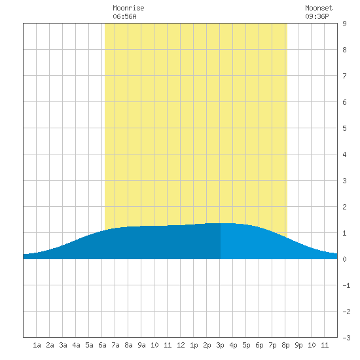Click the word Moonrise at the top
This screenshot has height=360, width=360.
pyautogui.click(x=128, y=8)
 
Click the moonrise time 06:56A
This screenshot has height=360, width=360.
pyautogui.click(x=124, y=16)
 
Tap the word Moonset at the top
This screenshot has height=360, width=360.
pyautogui.click(x=319, y=8)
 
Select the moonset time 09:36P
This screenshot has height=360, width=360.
pyautogui.click(x=317, y=16)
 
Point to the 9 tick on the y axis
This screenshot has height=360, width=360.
pyautogui.click(x=344, y=24)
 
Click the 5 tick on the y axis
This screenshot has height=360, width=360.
pyautogui.click(x=344, y=128)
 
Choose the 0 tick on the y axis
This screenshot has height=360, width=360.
pyautogui.click(x=344, y=259)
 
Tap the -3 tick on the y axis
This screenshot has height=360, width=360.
pyautogui.click(x=346, y=338)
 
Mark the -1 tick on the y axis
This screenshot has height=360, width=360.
pyautogui.click(x=346, y=285)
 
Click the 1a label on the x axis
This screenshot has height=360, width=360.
pyautogui.click(x=37, y=345)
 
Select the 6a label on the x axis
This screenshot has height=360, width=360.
pyautogui.click(x=102, y=345)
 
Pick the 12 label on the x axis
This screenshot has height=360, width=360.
pyautogui.click(x=181, y=345)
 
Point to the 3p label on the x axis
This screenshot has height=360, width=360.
pyautogui.click(x=220, y=345)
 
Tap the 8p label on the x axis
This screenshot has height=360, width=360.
pyautogui.click(x=285, y=345)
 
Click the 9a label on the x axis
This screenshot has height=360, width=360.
pyautogui.click(x=141, y=345)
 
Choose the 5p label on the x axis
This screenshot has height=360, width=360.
pyautogui.click(x=246, y=345)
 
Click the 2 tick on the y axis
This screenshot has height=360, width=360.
pyautogui.click(x=344, y=207)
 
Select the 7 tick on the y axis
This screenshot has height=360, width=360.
pyautogui.click(x=344, y=76)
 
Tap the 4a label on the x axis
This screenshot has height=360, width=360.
pyautogui.click(x=76, y=345)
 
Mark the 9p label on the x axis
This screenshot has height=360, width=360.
pyautogui.click(x=298, y=345)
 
